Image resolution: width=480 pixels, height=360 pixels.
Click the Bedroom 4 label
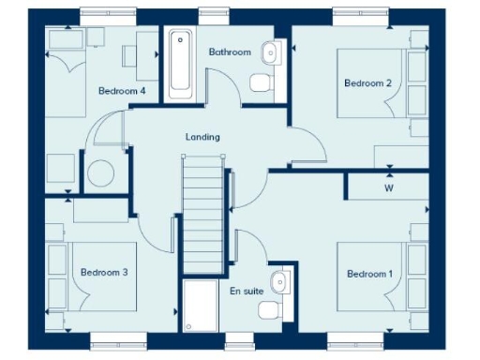click(x=122, y=91)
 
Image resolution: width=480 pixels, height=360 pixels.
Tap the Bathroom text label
click(x=230, y=52)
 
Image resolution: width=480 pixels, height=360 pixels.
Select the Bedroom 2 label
click(x=367, y=83)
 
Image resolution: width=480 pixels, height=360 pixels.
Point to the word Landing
click(x=202, y=137)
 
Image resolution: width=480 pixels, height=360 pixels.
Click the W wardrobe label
click(x=388, y=187)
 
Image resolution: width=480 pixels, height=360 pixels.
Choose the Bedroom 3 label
click(x=103, y=272)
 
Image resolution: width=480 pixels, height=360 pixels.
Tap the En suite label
click(x=246, y=291)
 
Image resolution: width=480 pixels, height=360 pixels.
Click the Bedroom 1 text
click(x=370, y=274)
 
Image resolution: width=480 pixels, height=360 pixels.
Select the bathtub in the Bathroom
click(x=178, y=64)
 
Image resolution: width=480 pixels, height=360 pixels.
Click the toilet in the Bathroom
click(x=262, y=84)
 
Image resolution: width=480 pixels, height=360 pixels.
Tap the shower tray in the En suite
click(x=202, y=306)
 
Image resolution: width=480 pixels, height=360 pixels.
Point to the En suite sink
click(x=278, y=280)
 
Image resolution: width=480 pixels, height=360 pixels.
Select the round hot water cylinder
click(x=100, y=174)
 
